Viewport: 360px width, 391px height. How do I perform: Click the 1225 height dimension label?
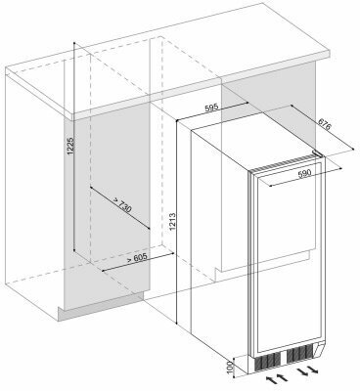[x=71, y=146]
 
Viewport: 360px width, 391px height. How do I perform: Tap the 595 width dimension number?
[x=211, y=108]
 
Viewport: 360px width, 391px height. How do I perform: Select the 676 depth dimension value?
[x=325, y=124]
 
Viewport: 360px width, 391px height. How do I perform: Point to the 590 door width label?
[x=304, y=173]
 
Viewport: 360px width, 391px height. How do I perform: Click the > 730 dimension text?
[x=122, y=205]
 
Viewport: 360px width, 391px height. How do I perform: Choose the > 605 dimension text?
[x=137, y=258]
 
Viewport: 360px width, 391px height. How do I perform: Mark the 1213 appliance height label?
[x=172, y=222]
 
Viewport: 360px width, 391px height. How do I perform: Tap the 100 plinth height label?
[x=231, y=367]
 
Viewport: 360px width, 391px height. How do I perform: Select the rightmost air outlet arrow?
[x=312, y=370]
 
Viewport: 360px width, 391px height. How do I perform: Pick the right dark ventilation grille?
[x=300, y=353]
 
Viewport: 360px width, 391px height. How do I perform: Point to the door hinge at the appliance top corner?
[x=317, y=153]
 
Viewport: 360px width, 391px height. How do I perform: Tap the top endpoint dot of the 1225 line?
[x=74, y=43]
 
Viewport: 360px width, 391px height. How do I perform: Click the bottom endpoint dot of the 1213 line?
[x=176, y=324]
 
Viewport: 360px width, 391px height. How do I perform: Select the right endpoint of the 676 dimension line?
[x=353, y=150]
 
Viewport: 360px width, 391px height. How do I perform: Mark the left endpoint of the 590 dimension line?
[x=270, y=186]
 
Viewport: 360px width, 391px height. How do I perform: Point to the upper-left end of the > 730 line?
[x=90, y=188]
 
